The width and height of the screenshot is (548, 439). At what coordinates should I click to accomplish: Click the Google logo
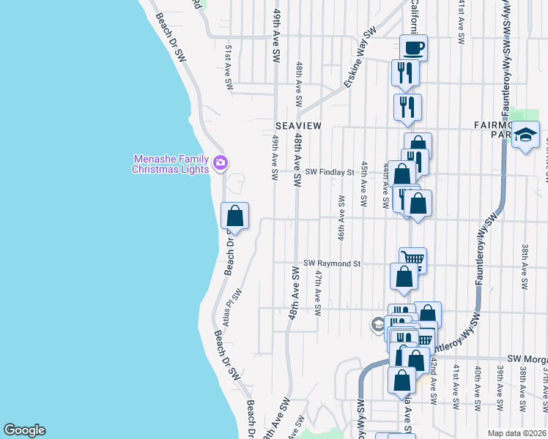24,430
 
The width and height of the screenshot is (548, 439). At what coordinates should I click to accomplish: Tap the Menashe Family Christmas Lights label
170,164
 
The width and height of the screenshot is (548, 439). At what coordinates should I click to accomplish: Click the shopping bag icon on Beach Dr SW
235,216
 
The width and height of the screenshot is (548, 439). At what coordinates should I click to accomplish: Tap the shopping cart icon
413,259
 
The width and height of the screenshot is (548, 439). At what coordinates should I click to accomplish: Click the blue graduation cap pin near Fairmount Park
525,135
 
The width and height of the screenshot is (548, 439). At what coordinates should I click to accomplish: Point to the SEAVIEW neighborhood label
298,126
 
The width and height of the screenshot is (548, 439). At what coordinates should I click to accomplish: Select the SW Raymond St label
333,263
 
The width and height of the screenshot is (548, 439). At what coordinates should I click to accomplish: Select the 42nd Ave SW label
433,380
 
